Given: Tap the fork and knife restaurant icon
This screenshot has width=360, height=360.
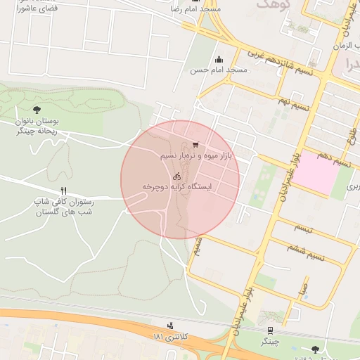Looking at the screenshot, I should pos(64,191).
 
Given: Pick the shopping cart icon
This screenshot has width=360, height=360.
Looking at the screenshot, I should pos(195,145).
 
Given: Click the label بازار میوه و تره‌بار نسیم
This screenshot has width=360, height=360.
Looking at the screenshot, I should pos(195,155).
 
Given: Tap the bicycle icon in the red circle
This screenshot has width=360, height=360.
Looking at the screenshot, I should pos(177,176).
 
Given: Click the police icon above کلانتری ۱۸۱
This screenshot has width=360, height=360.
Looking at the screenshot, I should pos(170,326).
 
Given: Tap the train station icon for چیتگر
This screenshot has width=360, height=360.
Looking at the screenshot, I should pos(271,330).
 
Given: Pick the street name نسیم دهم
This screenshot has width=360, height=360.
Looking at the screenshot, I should pos(333,162).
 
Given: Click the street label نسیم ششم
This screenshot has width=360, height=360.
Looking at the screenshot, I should pos(307,252).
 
